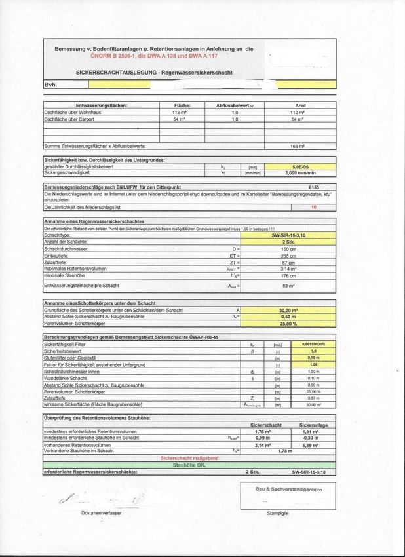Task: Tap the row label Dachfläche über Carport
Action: coord(70,119)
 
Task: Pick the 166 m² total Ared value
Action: coord(300,146)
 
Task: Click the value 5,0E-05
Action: coord(300,167)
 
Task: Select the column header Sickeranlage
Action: coord(313,425)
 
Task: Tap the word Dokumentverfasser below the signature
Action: coord(101,514)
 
